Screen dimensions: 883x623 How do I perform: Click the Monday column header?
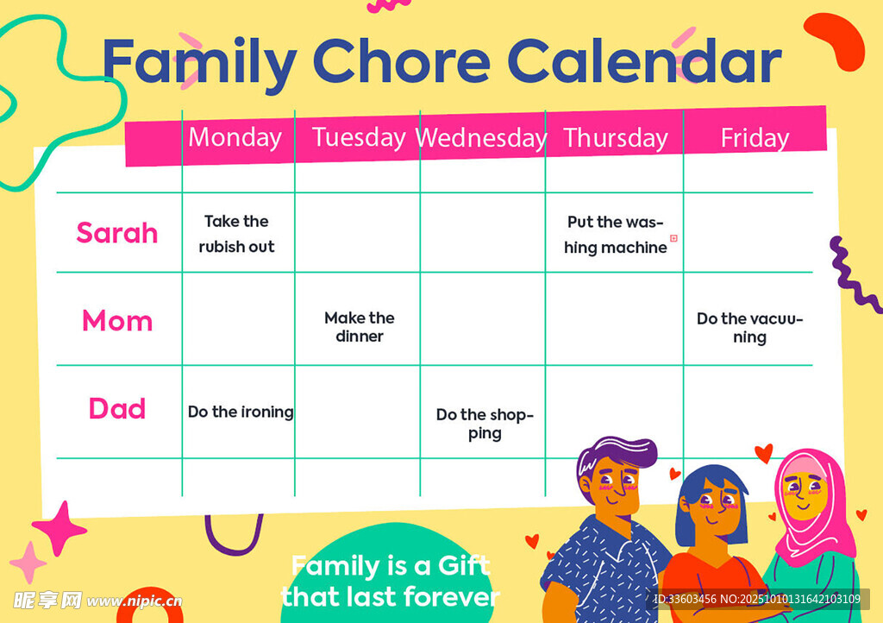pos(235,137)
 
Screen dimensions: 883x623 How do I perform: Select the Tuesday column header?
pos(359,137)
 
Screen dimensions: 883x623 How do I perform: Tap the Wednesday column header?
pos(481,137)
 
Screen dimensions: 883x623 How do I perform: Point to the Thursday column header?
pos(616,138)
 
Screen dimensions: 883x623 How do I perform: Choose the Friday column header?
pos(755,138)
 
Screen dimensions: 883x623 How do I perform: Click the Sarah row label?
pos(117,233)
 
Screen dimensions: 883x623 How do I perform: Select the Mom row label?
pos(117,320)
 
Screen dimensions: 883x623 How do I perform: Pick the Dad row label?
pos(117,408)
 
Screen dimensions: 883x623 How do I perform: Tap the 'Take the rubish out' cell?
pos(236,234)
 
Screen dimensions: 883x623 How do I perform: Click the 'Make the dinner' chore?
pos(360,327)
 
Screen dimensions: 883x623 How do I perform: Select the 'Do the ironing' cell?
pos(241,412)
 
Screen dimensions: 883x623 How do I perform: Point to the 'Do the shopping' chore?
pos(485,424)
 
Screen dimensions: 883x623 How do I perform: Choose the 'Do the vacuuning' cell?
pos(749,328)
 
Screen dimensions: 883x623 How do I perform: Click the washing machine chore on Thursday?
pos(616,235)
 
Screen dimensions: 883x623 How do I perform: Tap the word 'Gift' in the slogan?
pos(464,565)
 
